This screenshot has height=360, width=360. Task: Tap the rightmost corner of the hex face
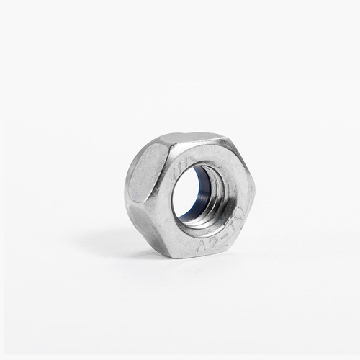[253, 194]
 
